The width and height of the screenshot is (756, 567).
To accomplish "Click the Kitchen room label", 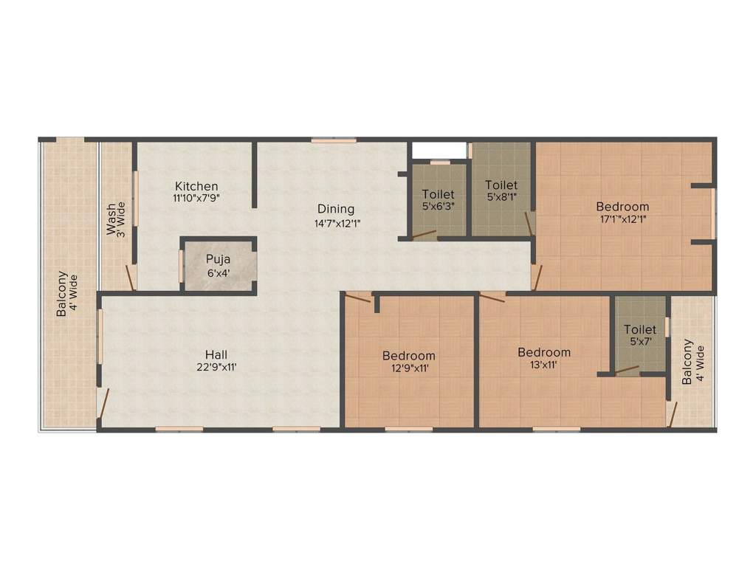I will point(196,186).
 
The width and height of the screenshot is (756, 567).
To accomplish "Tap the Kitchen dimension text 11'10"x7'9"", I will point(196,199).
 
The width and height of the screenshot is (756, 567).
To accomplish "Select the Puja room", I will point(219,266).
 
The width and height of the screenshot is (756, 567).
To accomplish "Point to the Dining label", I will point(336,209).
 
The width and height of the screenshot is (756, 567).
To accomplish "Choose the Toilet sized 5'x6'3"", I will point(439,199).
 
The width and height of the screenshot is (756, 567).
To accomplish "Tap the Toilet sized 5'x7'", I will point(640,335).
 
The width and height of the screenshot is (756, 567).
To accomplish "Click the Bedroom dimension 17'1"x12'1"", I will point(622,219).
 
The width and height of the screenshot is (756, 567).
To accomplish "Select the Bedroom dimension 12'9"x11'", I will point(408,368).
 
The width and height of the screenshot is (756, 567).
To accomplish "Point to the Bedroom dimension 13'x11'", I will point(543,365).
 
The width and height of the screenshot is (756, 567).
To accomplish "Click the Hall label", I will point(216,353).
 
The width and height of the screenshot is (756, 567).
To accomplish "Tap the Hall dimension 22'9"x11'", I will point(216,366).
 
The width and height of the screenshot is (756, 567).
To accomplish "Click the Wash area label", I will point(116,219).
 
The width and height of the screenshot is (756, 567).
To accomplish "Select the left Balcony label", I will point(66,294).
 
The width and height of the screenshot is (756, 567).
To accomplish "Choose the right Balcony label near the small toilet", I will point(691,362).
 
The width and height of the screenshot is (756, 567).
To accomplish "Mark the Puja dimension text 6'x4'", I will point(219,272).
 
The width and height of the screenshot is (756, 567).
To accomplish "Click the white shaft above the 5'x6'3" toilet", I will point(439,150).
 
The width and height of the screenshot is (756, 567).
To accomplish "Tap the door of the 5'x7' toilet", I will point(628,369).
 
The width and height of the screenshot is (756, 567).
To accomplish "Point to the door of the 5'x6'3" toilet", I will point(425,236).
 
